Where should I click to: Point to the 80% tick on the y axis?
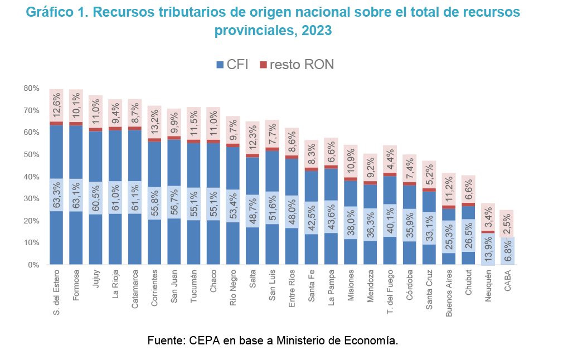pos(31,89)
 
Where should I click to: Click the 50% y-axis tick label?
pos(31,155)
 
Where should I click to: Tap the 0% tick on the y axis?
pos(33,265)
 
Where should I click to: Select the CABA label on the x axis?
pos(507,281)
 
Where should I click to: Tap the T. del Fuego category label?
pos(390,293)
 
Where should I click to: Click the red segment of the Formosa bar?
pos(76,124)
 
